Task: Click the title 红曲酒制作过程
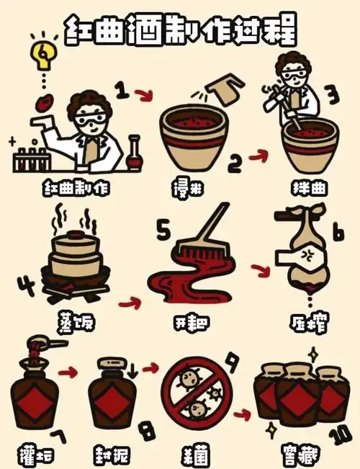[180, 31]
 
